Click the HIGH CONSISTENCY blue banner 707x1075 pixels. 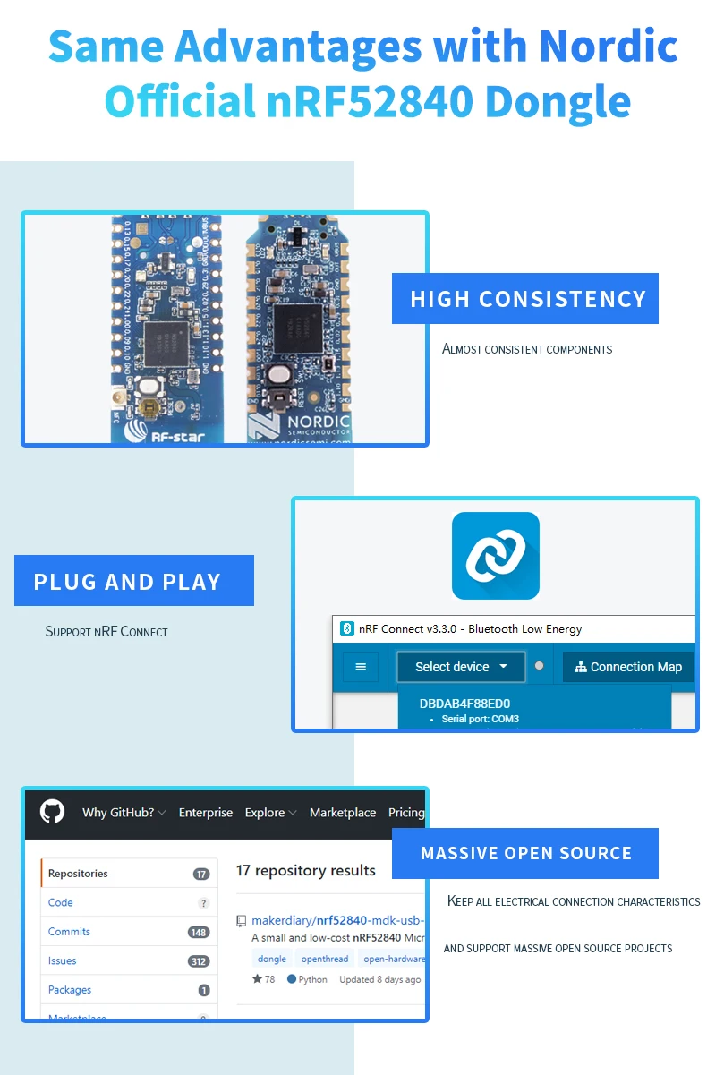(525, 299)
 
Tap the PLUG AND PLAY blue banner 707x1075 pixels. (134, 581)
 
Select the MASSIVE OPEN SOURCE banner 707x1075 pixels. (525, 853)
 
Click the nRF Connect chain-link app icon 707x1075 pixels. (495, 556)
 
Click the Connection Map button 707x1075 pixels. (628, 667)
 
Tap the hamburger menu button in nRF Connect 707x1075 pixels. (361, 667)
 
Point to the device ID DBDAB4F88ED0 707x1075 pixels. (464, 704)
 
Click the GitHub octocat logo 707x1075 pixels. (53, 812)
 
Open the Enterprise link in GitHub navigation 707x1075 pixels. (205, 813)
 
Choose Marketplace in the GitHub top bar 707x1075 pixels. (343, 813)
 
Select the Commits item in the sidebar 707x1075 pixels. (69, 932)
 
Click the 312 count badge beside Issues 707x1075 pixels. (199, 961)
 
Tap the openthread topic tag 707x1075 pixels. (324, 959)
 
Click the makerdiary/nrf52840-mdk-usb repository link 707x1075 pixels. (336, 920)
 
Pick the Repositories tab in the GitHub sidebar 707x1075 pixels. (78, 874)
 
